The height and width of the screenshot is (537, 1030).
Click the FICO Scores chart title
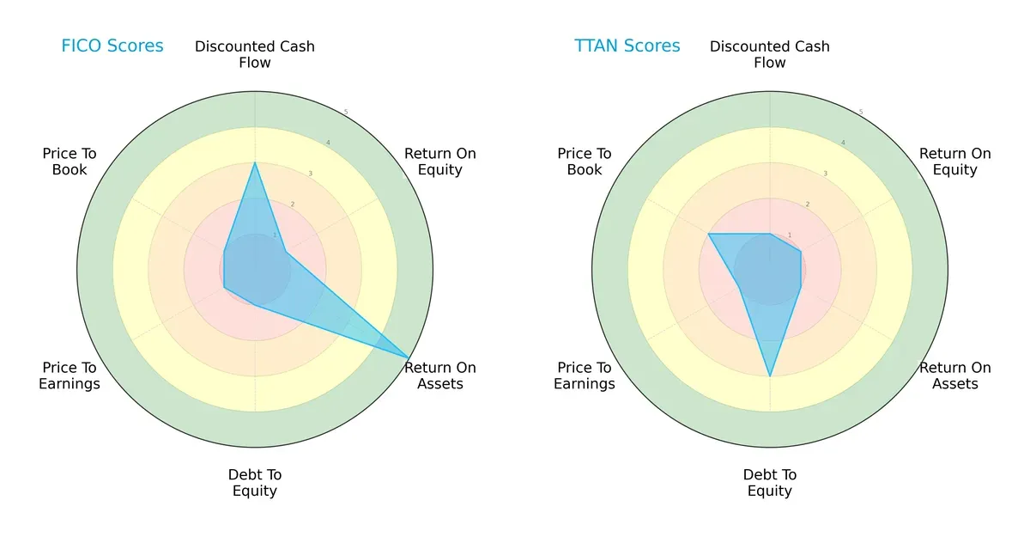click(x=112, y=46)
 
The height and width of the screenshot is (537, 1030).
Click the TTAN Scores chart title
click(x=627, y=46)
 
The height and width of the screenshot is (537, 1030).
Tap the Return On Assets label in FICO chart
click(x=440, y=375)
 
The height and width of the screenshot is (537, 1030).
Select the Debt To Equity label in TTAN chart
click(x=770, y=483)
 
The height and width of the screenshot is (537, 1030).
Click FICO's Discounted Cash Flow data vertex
click(x=255, y=162)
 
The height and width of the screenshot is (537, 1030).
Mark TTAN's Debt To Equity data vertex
click(x=770, y=376)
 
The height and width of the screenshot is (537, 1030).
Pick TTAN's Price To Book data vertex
click(x=709, y=234)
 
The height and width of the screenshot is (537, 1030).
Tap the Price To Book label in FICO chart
click(x=70, y=162)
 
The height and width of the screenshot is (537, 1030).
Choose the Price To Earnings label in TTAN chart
click(x=585, y=375)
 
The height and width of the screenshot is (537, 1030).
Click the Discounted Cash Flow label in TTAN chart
click(x=770, y=54)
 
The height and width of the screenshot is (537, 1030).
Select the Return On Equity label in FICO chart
click(x=440, y=162)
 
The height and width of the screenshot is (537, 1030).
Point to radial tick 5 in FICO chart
click(x=346, y=113)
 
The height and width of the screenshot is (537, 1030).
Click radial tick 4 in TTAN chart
click(x=843, y=143)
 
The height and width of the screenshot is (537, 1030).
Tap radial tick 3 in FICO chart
click(x=310, y=174)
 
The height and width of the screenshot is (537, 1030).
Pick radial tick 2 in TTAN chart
click(x=808, y=204)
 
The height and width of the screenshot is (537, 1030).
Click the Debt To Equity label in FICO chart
click(x=255, y=483)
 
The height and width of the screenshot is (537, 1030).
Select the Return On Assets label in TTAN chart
click(x=955, y=375)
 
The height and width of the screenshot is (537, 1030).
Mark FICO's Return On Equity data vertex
click(x=286, y=252)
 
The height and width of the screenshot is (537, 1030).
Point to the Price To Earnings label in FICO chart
click(x=70, y=375)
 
